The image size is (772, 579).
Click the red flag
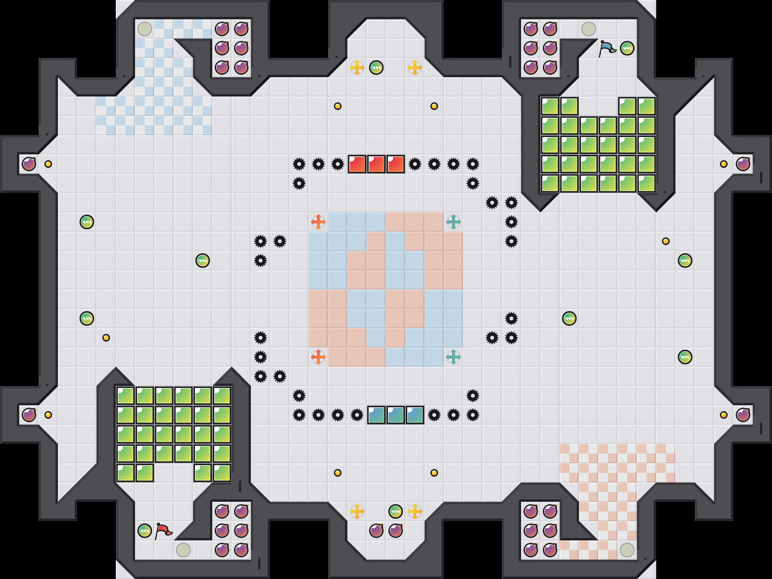click(163, 531)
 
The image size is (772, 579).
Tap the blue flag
click(607, 48)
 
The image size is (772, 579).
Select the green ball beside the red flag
click(145, 531)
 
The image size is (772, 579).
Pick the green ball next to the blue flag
click(627, 48)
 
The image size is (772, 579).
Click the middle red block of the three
click(376, 164)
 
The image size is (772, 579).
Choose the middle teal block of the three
click(396, 415)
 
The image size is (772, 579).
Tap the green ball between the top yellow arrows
click(376, 68)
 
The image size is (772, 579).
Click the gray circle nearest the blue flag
click(589, 29)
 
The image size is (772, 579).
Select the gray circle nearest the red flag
click(183, 550)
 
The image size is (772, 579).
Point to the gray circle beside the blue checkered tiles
click(145, 29)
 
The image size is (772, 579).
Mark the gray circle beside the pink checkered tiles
click(627, 550)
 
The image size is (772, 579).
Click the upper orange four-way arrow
click(318, 222)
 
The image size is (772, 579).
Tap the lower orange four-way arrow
click(318, 357)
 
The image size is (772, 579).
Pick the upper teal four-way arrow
click(454, 222)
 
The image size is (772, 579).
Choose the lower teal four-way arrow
click(454, 357)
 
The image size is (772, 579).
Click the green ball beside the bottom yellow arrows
click(396, 511)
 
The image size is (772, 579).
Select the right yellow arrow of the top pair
click(415, 68)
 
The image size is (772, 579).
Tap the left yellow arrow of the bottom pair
click(357, 511)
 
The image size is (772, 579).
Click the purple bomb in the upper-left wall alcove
click(29, 164)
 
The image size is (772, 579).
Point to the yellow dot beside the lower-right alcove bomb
click(724, 415)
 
